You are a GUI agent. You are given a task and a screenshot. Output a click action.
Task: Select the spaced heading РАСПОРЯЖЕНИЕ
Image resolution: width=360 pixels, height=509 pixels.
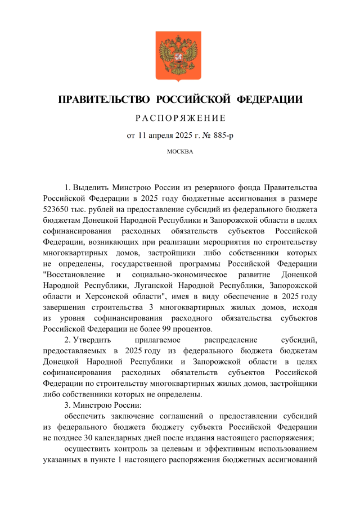coord(180,118)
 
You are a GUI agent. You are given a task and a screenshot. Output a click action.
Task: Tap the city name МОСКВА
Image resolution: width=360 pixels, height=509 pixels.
coord(180,152)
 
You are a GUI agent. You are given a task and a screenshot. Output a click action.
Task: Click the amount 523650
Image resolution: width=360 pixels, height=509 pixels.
coord(57,209)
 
